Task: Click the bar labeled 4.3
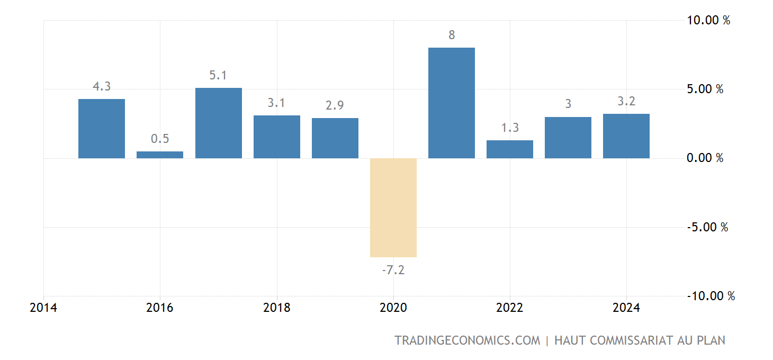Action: point(102,129)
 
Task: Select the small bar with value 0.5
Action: point(160,155)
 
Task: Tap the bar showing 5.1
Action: point(218,123)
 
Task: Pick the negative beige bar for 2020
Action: point(393,208)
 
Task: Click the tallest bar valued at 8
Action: point(451,103)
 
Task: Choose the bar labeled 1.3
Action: point(509,149)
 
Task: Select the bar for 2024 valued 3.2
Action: point(626,136)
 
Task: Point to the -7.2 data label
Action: point(393,270)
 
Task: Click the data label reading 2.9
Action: point(335,105)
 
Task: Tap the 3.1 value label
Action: point(276,103)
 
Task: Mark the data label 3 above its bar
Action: point(568,104)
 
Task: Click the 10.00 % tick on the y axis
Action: point(708,21)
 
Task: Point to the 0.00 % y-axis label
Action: point(705,158)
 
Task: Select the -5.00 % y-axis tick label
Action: point(707,227)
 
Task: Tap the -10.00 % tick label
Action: point(711,296)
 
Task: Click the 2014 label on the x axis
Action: point(43,308)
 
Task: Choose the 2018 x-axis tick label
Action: point(276,308)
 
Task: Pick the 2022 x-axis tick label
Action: point(509,308)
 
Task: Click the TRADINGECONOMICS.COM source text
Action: point(467,340)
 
